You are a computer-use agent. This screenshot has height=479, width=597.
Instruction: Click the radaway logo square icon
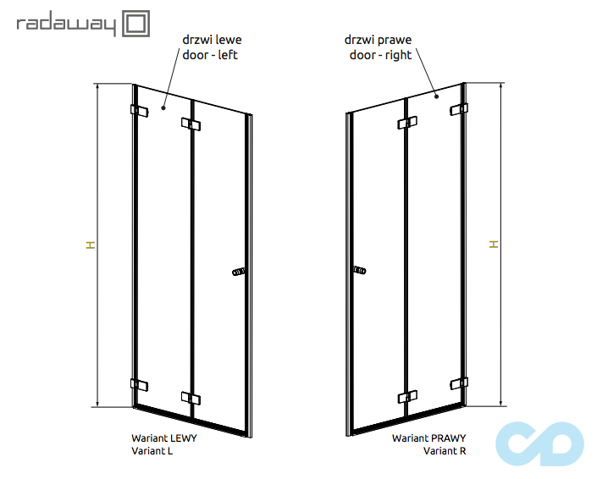(x=136, y=24)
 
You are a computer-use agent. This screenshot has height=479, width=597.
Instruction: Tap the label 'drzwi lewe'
(x=212, y=40)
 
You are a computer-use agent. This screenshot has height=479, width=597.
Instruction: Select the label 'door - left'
(x=210, y=55)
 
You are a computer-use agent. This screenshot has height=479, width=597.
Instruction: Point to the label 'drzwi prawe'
(x=378, y=40)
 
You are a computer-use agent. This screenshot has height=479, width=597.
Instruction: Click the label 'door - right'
(x=380, y=55)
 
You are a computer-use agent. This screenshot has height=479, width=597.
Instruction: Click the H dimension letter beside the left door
(x=91, y=245)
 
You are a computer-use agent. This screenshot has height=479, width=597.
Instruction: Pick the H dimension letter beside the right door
(x=494, y=245)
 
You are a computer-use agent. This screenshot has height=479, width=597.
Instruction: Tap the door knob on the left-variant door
(x=238, y=272)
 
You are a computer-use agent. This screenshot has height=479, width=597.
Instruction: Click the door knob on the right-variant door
(x=360, y=271)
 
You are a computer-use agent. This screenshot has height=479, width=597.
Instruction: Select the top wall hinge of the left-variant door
(x=140, y=111)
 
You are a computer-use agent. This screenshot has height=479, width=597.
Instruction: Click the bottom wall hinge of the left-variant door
(x=140, y=384)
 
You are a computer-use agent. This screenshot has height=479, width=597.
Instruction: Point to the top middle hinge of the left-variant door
(x=191, y=124)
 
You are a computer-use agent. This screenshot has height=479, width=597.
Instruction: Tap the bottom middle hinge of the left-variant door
(x=191, y=398)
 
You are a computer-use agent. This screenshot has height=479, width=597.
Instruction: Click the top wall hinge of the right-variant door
(x=459, y=109)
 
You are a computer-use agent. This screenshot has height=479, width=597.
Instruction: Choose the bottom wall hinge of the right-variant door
(x=459, y=383)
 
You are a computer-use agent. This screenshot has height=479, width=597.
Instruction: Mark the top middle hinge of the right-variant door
(x=407, y=123)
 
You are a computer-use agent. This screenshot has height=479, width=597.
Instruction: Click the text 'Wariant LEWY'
(x=164, y=438)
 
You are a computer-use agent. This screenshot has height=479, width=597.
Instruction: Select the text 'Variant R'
(x=445, y=451)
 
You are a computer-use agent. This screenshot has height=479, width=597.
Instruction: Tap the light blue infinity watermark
(x=539, y=443)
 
